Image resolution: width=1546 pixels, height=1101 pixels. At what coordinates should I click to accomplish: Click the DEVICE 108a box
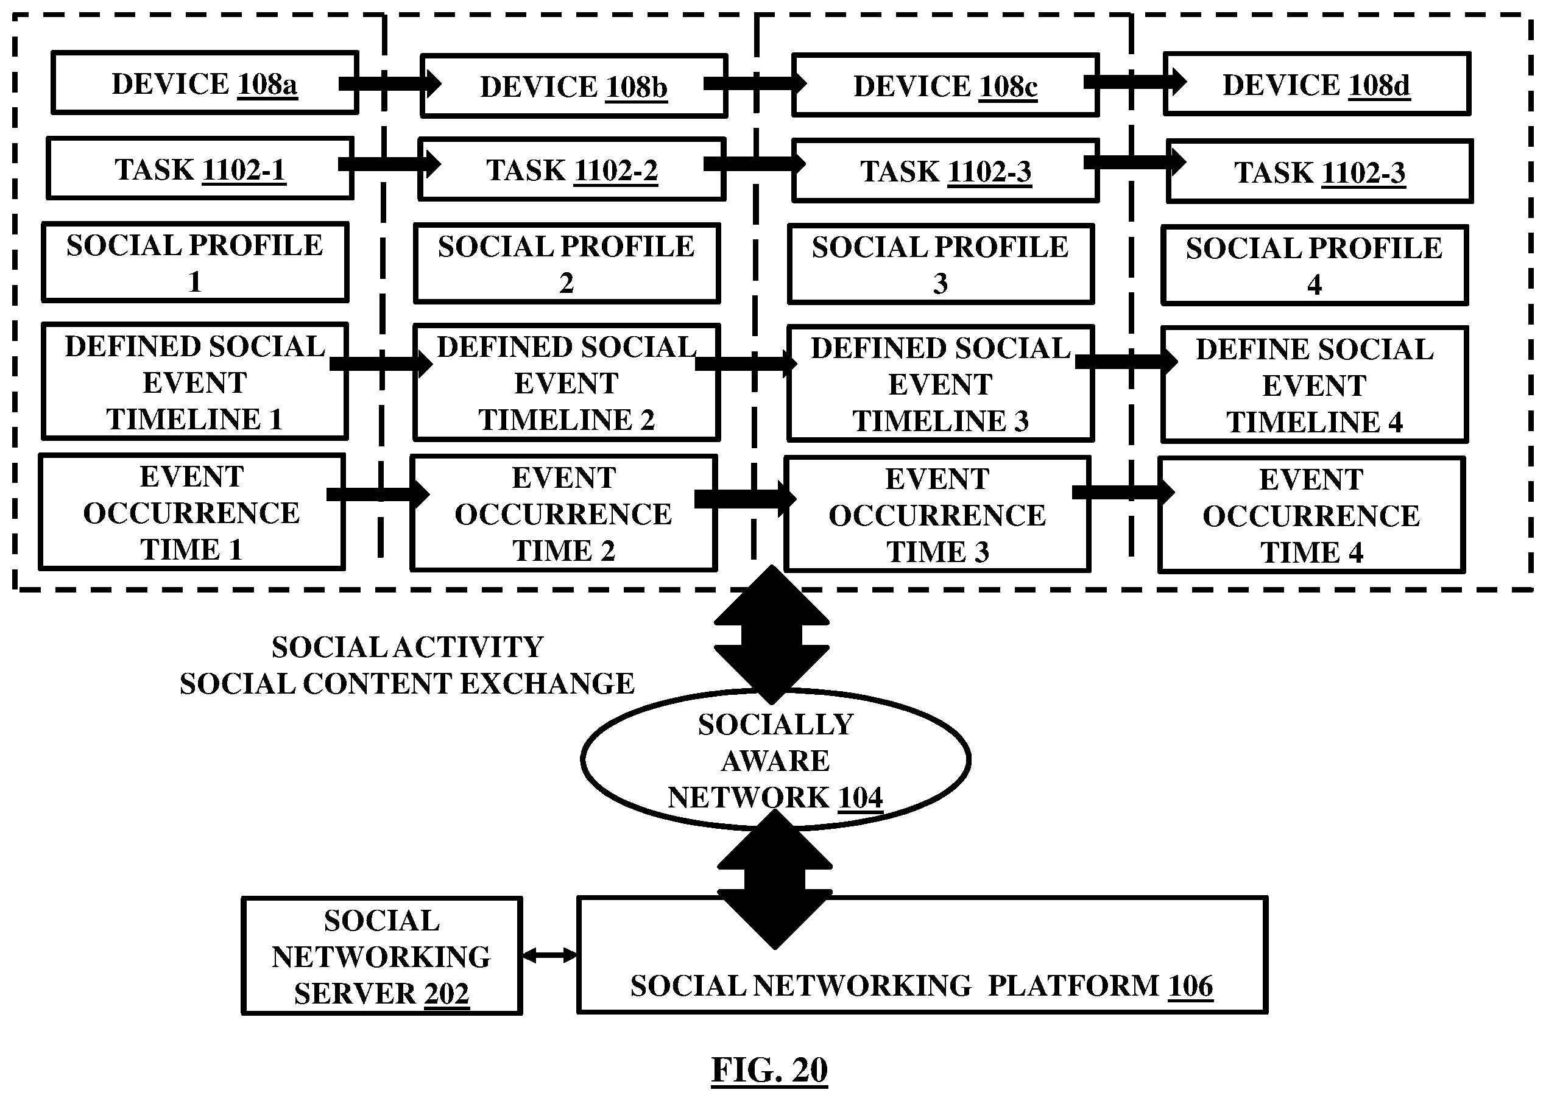point(205,83)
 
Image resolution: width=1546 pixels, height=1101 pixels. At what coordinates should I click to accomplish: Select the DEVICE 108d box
point(1317,83)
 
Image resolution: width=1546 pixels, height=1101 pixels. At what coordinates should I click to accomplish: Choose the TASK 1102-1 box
point(200,168)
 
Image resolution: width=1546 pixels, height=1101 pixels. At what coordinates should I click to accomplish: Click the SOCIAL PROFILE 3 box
point(941,264)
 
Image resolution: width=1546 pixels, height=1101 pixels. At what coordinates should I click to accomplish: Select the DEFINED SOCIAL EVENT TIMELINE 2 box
point(567,383)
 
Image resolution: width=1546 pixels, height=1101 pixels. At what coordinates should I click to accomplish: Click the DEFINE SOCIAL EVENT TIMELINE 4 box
point(1314,385)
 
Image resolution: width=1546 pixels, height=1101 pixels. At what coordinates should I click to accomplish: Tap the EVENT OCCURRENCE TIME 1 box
point(192,513)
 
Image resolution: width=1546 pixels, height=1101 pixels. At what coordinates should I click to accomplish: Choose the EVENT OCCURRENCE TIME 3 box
point(937,515)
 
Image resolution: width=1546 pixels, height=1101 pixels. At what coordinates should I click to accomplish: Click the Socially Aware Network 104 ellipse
point(775,759)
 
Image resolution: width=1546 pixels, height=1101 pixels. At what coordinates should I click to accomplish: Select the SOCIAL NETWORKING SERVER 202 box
point(382,956)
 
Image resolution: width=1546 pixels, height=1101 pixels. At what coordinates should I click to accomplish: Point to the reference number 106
point(1191,986)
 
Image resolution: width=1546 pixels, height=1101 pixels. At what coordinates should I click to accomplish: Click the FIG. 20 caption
point(769,1071)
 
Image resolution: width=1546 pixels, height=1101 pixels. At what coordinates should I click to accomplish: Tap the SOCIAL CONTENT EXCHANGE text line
point(407,683)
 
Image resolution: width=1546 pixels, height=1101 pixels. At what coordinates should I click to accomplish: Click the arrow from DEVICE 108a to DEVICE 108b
point(390,83)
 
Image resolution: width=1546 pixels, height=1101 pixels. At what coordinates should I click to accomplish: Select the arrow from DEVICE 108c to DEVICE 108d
point(1135,82)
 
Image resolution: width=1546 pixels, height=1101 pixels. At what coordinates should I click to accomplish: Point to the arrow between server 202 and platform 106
point(550,955)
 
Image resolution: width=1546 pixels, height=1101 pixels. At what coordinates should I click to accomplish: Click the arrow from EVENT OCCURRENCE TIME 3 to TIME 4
point(1124,492)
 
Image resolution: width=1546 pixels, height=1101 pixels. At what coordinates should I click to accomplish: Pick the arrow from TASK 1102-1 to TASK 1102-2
point(390,163)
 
